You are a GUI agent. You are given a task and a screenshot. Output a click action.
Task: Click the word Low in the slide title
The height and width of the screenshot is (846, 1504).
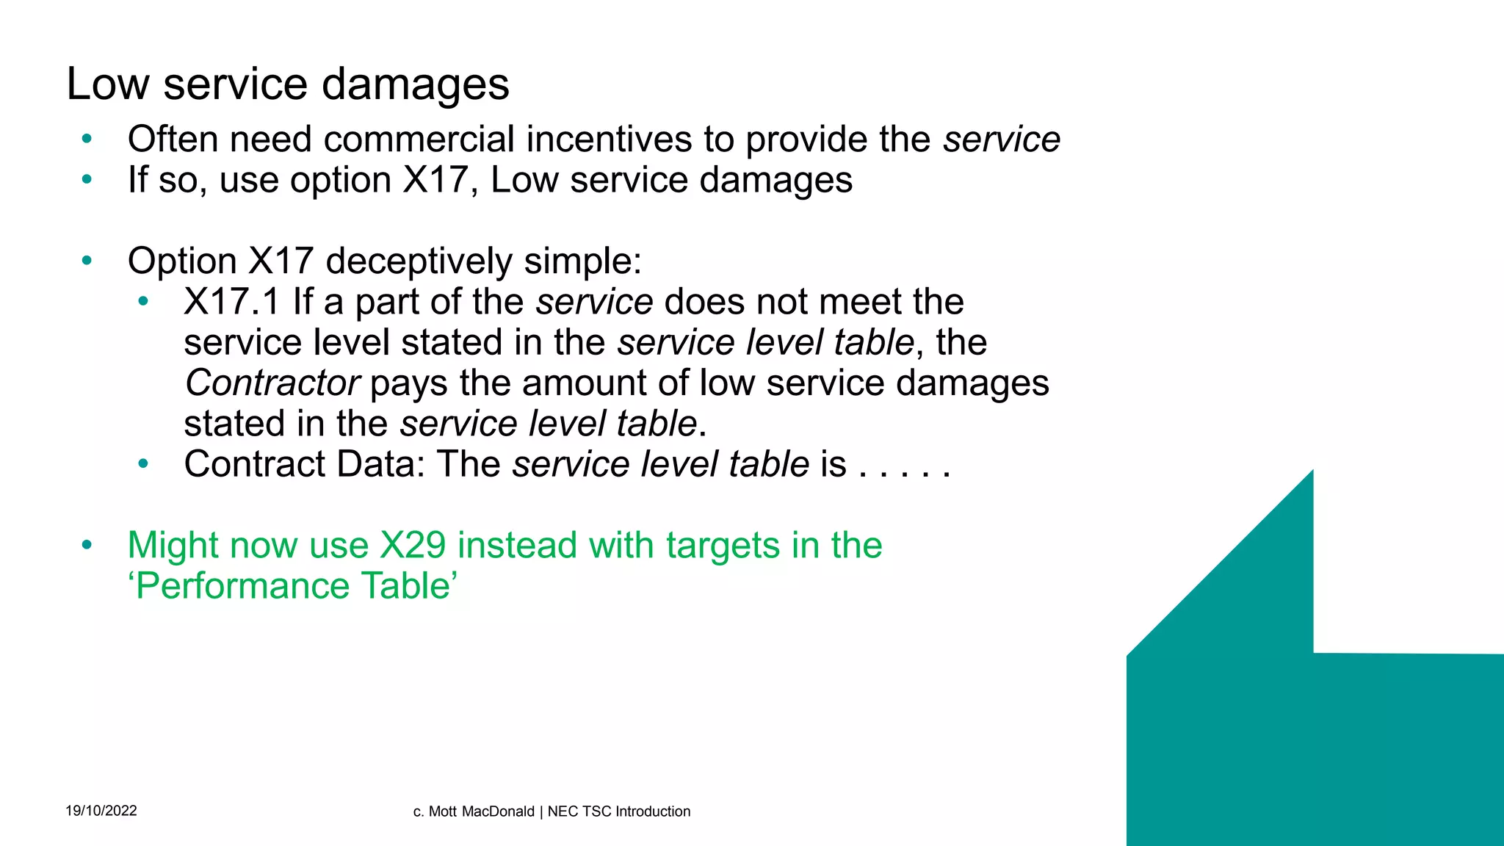click(x=108, y=84)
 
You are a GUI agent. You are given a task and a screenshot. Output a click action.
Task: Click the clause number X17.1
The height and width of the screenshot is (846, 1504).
click(x=232, y=302)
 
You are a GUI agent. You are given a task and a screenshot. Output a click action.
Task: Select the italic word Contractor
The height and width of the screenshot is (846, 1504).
click(x=272, y=383)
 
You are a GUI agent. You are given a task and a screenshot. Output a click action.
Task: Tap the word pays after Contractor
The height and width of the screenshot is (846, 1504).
click(x=408, y=383)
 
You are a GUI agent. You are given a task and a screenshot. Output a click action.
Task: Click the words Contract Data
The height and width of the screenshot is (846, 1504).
click(x=304, y=464)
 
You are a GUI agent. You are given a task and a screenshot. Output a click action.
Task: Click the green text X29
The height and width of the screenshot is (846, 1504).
click(x=413, y=546)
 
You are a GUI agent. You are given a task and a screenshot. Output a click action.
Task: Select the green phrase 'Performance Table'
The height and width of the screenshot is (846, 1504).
click(x=293, y=586)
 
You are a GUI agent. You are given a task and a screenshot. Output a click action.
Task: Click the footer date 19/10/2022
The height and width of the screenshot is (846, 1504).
click(x=101, y=811)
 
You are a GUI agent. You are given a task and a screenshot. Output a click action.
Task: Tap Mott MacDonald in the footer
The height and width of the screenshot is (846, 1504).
click(x=481, y=811)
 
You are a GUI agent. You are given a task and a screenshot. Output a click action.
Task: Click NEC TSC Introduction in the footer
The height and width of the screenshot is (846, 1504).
click(x=619, y=811)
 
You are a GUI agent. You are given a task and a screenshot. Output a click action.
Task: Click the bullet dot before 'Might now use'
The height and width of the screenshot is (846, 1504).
click(x=87, y=545)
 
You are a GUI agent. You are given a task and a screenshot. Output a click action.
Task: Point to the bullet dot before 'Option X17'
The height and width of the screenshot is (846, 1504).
click(x=87, y=260)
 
